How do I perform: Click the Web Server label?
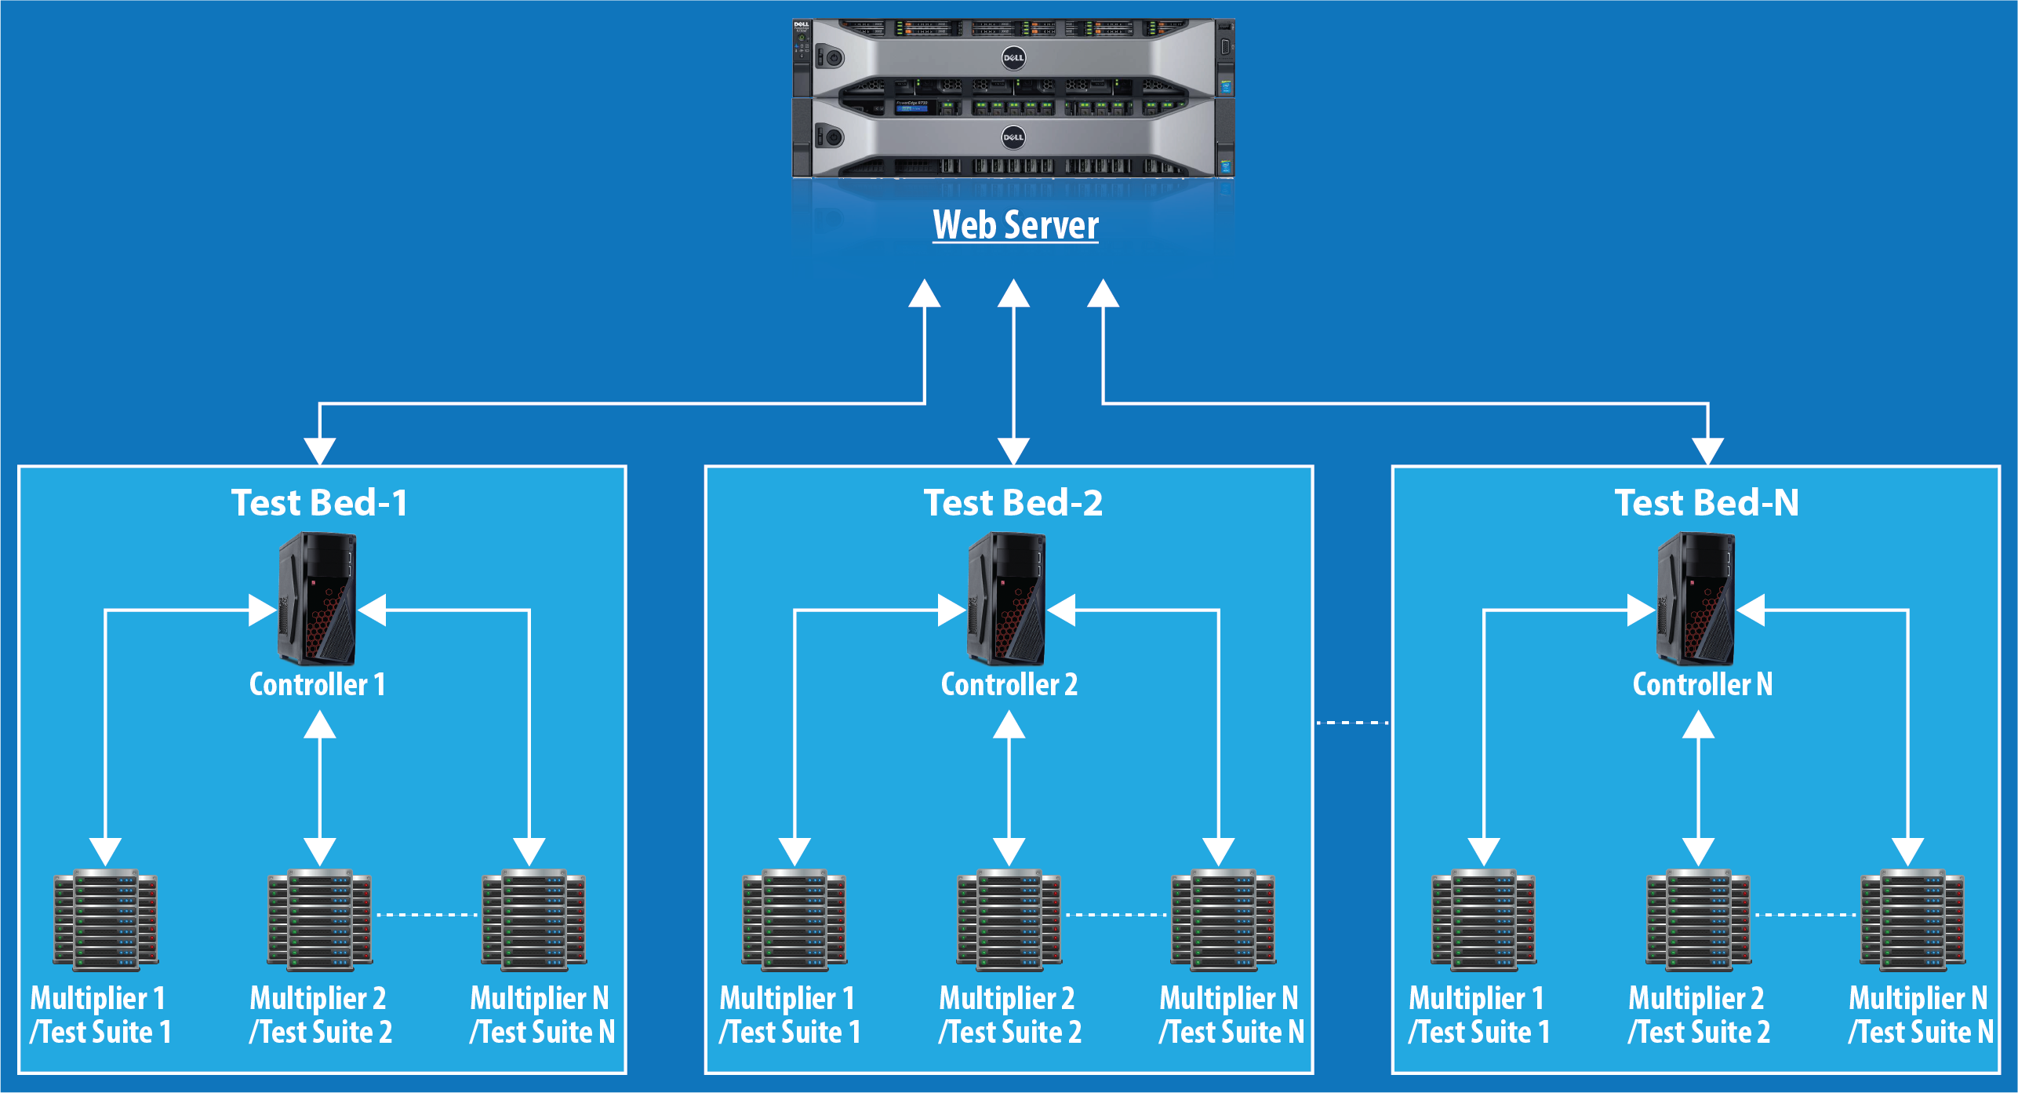tap(1016, 225)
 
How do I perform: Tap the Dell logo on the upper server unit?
tap(1013, 57)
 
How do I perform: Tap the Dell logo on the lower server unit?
tap(1013, 137)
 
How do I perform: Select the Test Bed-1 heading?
tap(319, 503)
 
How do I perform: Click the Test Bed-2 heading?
tap(1013, 503)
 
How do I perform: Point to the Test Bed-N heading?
tap(1707, 503)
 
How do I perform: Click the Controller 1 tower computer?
tap(318, 599)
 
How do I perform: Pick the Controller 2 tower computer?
tap(1007, 599)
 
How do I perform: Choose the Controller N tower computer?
tap(1696, 599)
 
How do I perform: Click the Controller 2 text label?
tap(1009, 684)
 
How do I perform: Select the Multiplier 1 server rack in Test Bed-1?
tap(106, 920)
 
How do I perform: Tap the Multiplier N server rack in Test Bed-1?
tap(534, 920)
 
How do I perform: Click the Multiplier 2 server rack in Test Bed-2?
tap(1009, 920)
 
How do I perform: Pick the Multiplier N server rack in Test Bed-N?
tap(1913, 920)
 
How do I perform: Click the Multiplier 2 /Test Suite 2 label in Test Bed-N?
tap(1698, 1015)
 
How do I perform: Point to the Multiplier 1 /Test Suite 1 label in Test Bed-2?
tap(790, 1015)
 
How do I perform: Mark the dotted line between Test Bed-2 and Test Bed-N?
tap(1352, 723)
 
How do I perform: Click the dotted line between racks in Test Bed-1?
tap(427, 915)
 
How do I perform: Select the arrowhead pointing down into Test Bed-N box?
tap(1707, 452)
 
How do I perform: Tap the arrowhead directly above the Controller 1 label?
tap(320, 725)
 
